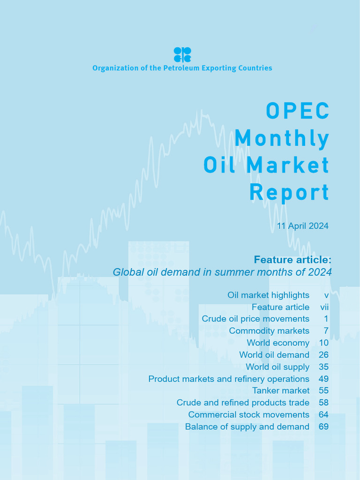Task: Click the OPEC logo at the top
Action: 182,54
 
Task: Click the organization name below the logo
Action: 182,68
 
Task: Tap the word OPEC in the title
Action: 298,111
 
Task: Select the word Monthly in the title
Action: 282,138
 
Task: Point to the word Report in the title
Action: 289,192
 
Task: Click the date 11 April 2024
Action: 302,226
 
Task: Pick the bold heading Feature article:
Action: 292,259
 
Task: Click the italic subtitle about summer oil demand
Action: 222,272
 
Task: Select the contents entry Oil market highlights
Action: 268,295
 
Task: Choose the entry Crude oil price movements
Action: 255,319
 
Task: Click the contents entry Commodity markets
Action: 269,331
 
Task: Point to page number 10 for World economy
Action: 323,343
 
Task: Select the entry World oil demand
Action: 274,355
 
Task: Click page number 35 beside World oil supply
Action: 323,367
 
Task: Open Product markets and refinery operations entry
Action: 229,379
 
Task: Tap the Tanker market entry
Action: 281,390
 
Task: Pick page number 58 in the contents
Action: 323,403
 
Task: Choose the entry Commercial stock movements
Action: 248,414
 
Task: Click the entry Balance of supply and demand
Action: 247,427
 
